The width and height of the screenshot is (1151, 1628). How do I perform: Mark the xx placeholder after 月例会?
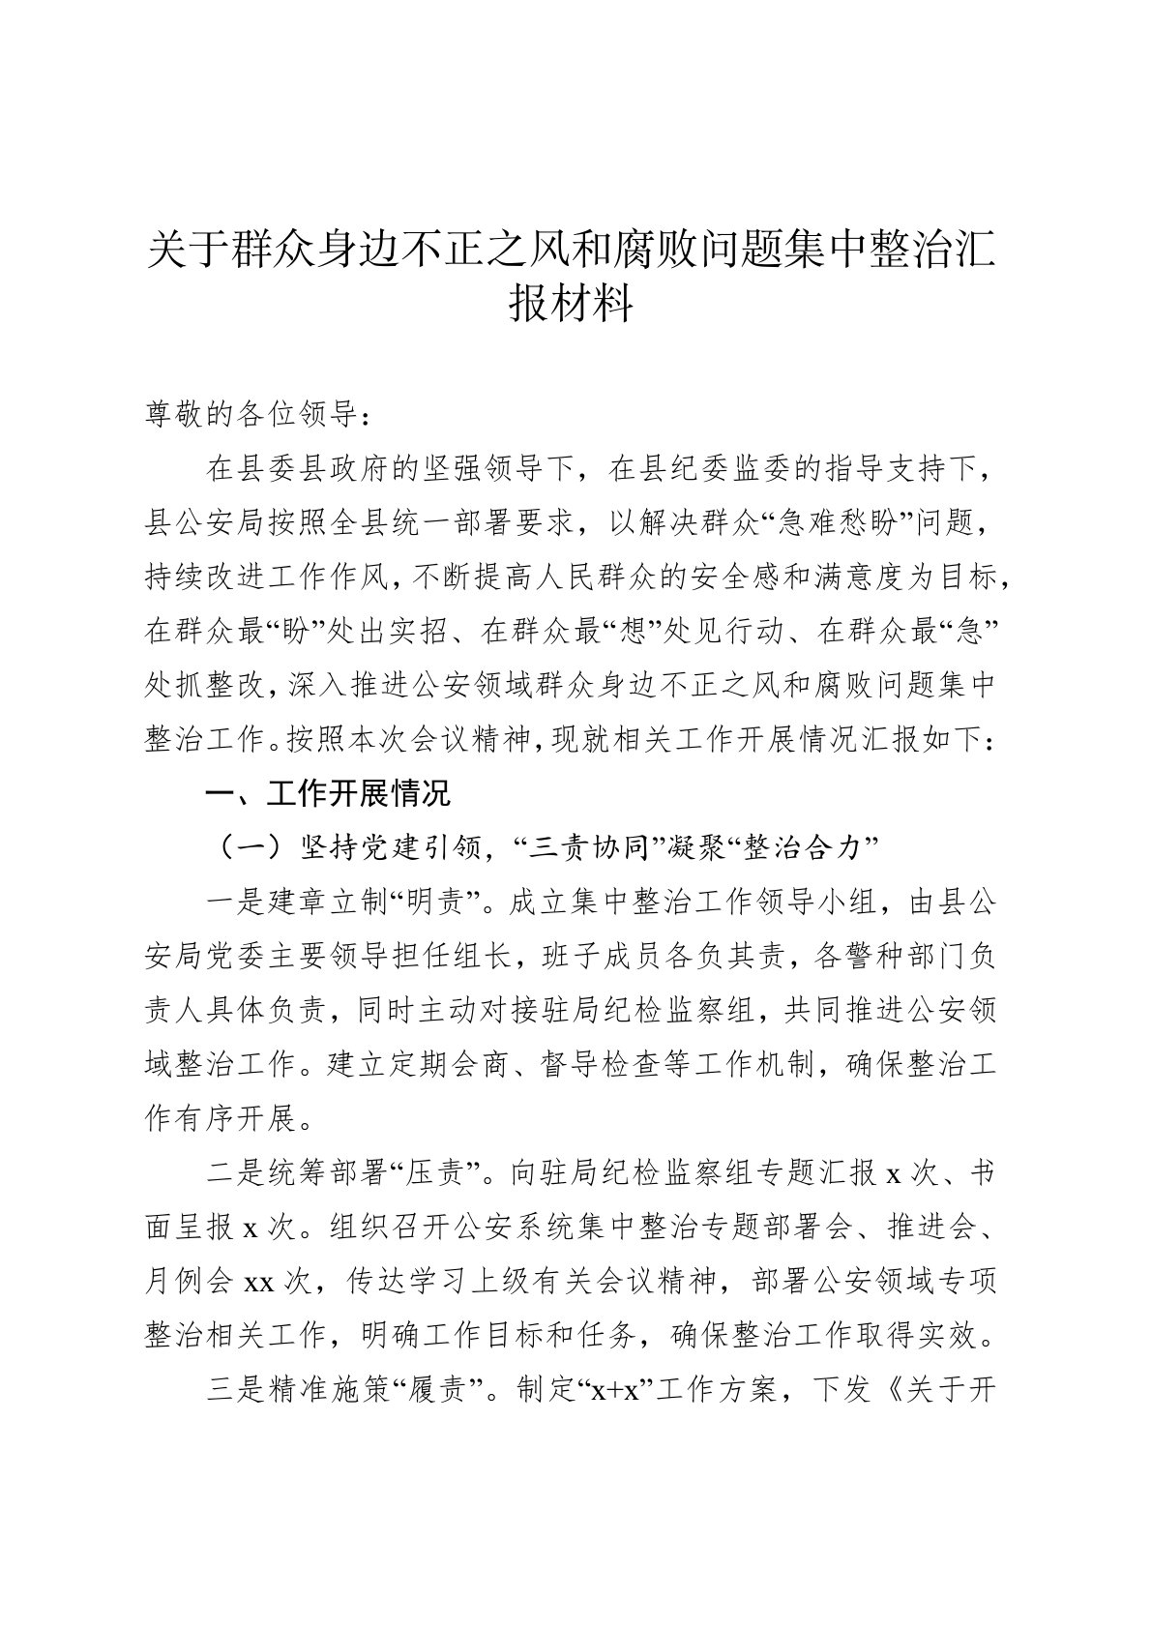pyautogui.click(x=259, y=1283)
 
